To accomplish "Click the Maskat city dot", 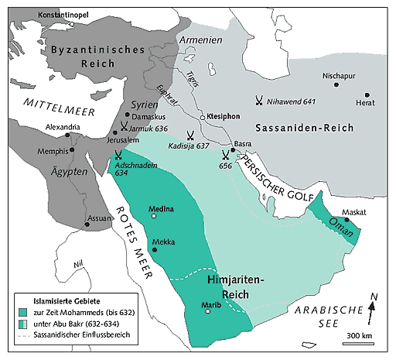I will (347, 220).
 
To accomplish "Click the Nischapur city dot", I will (336, 84).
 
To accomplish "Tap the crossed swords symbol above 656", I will (224, 154).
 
